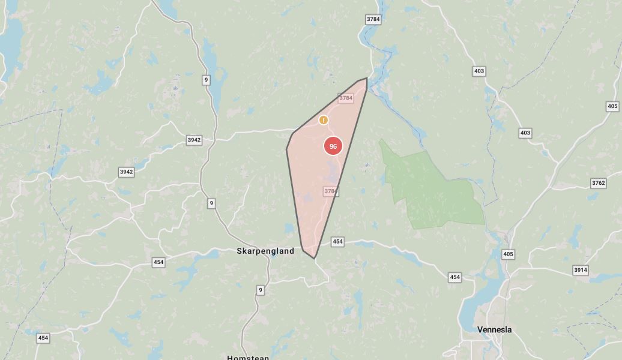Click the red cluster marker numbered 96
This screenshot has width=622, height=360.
[333, 146]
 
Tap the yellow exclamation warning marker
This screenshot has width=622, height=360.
[324, 120]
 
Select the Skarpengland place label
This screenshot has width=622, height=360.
[265, 251]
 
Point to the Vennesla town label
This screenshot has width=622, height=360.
[495, 329]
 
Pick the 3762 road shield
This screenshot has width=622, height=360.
[598, 183]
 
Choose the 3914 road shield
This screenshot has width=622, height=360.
[580, 270]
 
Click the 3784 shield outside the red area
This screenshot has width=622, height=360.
[373, 19]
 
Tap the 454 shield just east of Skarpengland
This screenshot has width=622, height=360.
[337, 241]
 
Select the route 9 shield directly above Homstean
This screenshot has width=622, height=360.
[260, 290]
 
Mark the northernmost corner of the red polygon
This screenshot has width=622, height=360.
[366, 77]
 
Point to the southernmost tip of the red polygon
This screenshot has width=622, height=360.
[314, 259]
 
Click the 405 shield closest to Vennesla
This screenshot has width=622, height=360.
[508, 254]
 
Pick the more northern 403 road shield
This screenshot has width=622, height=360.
[479, 71]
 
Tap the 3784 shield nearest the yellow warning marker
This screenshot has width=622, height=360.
[345, 98]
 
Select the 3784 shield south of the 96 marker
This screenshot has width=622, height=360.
[330, 191]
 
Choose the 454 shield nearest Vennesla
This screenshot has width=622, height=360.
[454, 277]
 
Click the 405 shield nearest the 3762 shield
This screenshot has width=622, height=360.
[612, 106]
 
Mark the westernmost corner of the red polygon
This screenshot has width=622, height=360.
[286, 149]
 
